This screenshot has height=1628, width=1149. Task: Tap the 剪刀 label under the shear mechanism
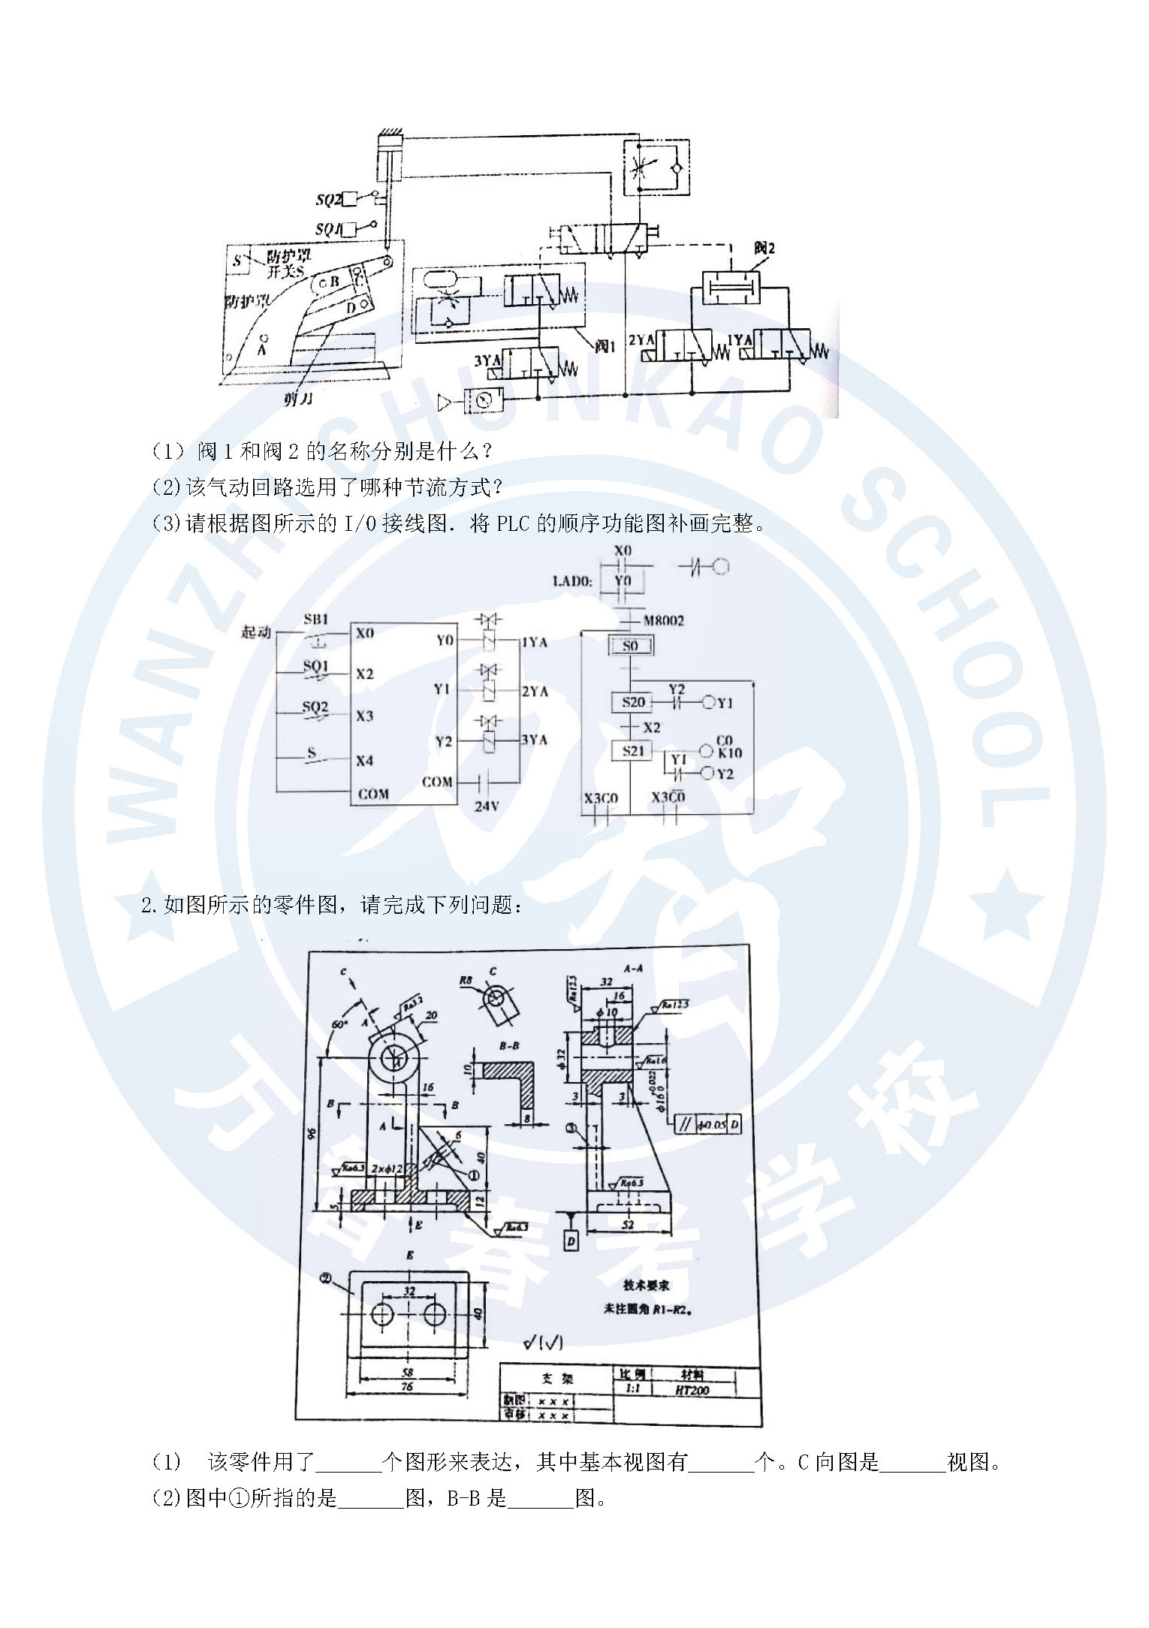click(298, 399)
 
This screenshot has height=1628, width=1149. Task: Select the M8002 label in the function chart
click(663, 620)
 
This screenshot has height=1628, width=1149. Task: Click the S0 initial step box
click(630, 645)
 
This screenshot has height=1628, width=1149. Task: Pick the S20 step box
click(633, 702)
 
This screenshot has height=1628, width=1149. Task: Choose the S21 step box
click(633, 750)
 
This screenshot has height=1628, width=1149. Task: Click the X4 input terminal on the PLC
click(364, 761)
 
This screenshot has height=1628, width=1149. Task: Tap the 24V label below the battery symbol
click(486, 806)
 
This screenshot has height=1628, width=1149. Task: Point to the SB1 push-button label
click(315, 620)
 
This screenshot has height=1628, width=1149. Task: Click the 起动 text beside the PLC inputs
click(255, 632)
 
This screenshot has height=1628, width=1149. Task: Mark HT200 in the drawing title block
click(692, 1390)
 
